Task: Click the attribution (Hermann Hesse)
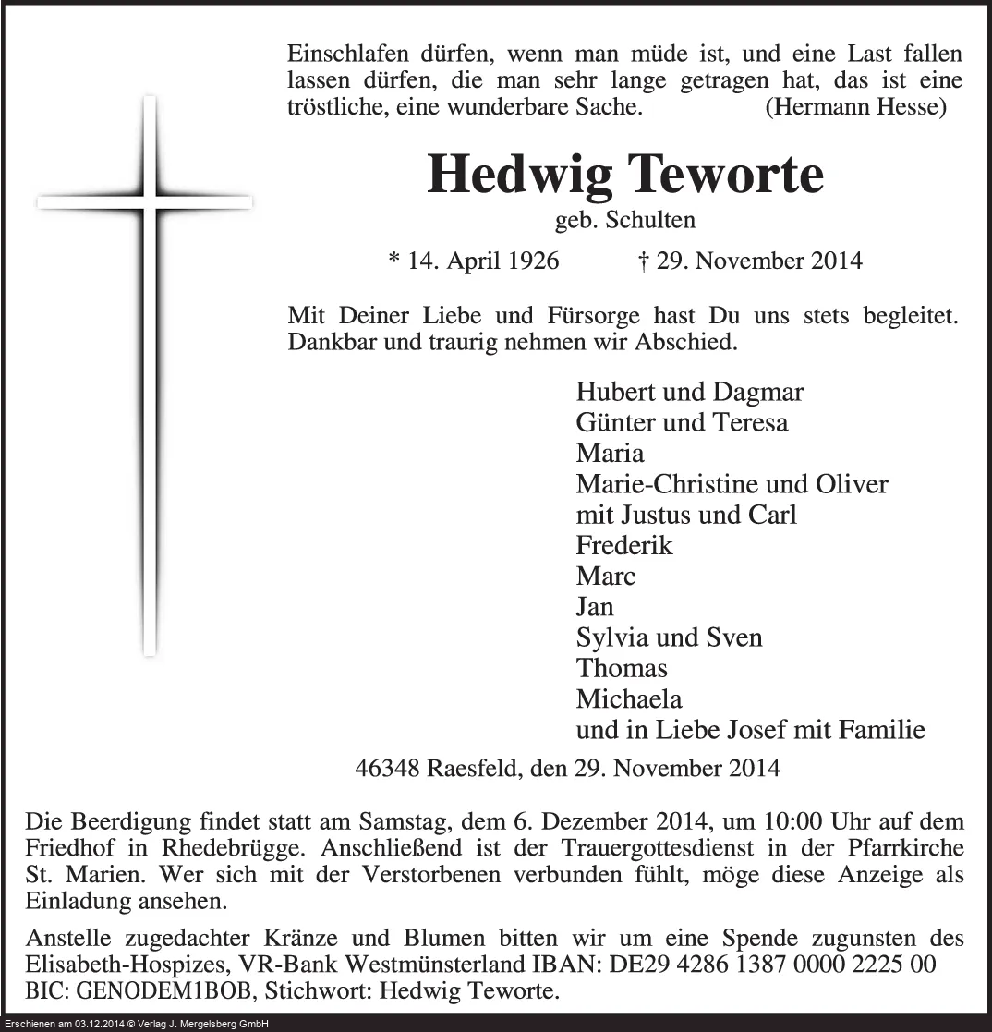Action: coord(855,107)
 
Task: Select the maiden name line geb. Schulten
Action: coord(624,221)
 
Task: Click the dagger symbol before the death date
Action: coord(643,261)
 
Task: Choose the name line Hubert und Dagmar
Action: coord(689,392)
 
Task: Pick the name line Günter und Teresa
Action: coord(682,422)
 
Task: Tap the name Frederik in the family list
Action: coord(623,545)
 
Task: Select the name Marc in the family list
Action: coord(605,577)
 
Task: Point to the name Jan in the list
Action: coord(595,607)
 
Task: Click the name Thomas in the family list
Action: coord(621,668)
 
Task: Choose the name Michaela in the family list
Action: coord(628,699)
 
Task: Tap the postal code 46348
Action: coord(387,767)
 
